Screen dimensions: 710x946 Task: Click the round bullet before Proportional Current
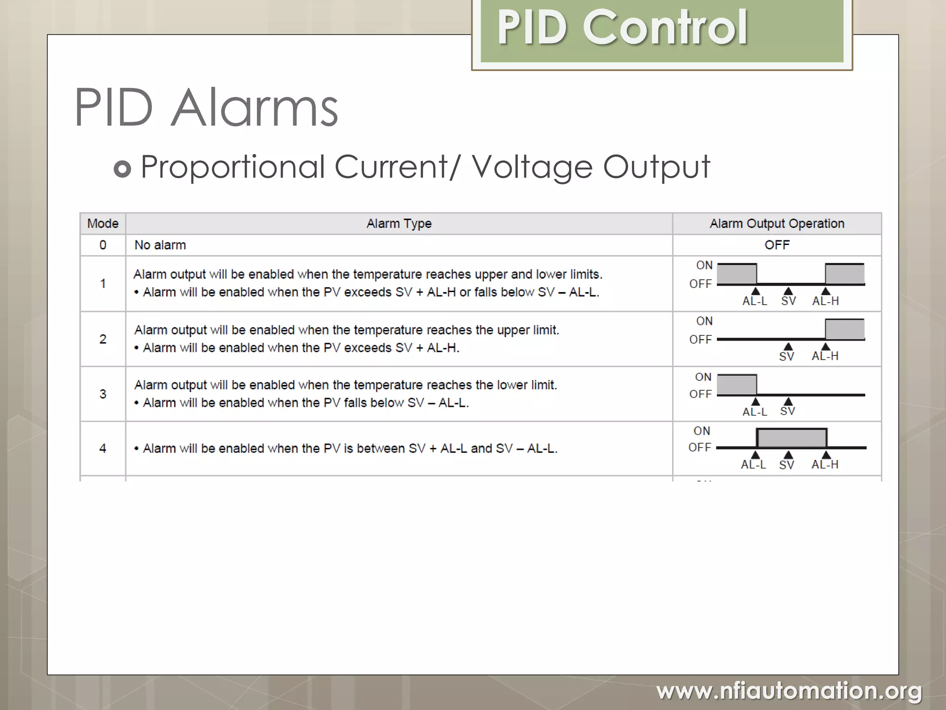pos(122,169)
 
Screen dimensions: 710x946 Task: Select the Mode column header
pos(103,224)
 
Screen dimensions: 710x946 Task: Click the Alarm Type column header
pos(399,224)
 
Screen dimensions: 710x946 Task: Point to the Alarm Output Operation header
pos(777,224)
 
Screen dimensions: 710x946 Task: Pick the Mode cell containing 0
pos(103,245)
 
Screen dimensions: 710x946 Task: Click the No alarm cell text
pos(160,245)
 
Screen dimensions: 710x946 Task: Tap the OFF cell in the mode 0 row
pos(777,245)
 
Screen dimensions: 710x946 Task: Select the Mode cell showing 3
pos(103,394)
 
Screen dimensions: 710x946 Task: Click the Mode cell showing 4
pos(103,448)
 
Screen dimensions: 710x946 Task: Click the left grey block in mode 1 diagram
pos(737,274)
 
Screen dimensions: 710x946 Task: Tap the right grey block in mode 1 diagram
pos(845,274)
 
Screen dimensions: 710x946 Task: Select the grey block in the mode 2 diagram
pos(845,329)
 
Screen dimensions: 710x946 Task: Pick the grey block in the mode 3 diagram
pos(737,385)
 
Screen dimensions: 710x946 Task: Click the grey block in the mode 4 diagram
pos(792,438)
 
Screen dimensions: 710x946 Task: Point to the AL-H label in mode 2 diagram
pos(825,356)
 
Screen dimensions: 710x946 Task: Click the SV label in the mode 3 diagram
pos(788,411)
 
